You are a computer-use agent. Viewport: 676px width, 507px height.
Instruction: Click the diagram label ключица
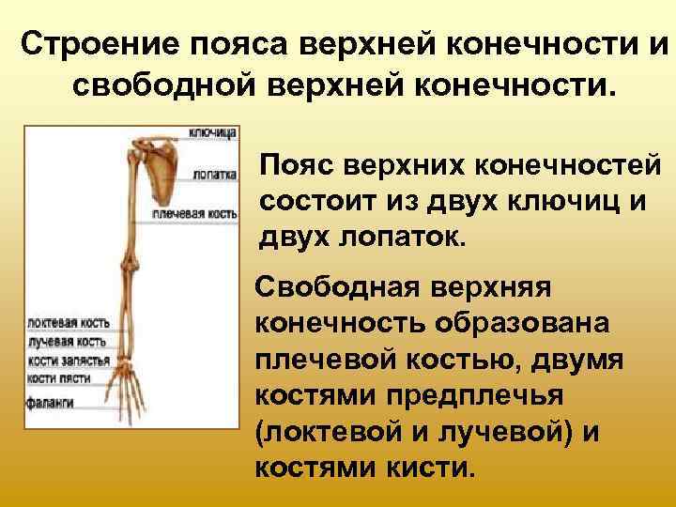(x=212, y=132)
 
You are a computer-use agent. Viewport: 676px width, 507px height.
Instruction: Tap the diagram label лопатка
(x=214, y=174)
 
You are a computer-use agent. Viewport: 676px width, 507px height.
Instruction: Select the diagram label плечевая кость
(x=203, y=214)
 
